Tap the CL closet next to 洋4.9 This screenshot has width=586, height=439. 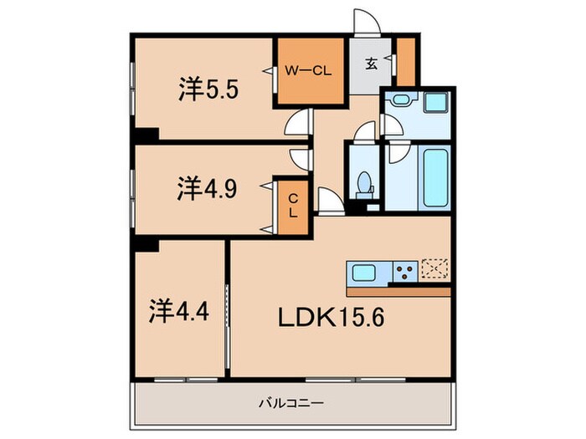pyautogui.click(x=293, y=206)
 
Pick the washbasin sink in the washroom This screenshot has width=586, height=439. pyautogui.click(x=398, y=104)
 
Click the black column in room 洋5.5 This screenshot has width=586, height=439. pyautogui.click(x=147, y=134)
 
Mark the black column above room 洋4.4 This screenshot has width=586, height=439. pyautogui.click(x=147, y=244)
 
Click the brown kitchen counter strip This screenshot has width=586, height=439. pyautogui.click(x=398, y=292)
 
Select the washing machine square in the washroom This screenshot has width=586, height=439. pyautogui.click(x=435, y=105)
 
